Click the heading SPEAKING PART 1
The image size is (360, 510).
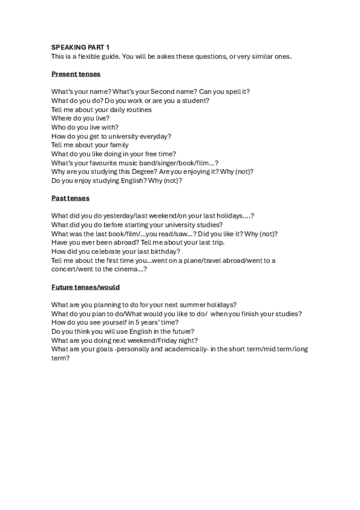(81, 47)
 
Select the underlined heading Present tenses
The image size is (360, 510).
(76, 74)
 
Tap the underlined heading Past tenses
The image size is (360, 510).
(70, 198)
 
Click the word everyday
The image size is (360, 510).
(155, 136)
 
